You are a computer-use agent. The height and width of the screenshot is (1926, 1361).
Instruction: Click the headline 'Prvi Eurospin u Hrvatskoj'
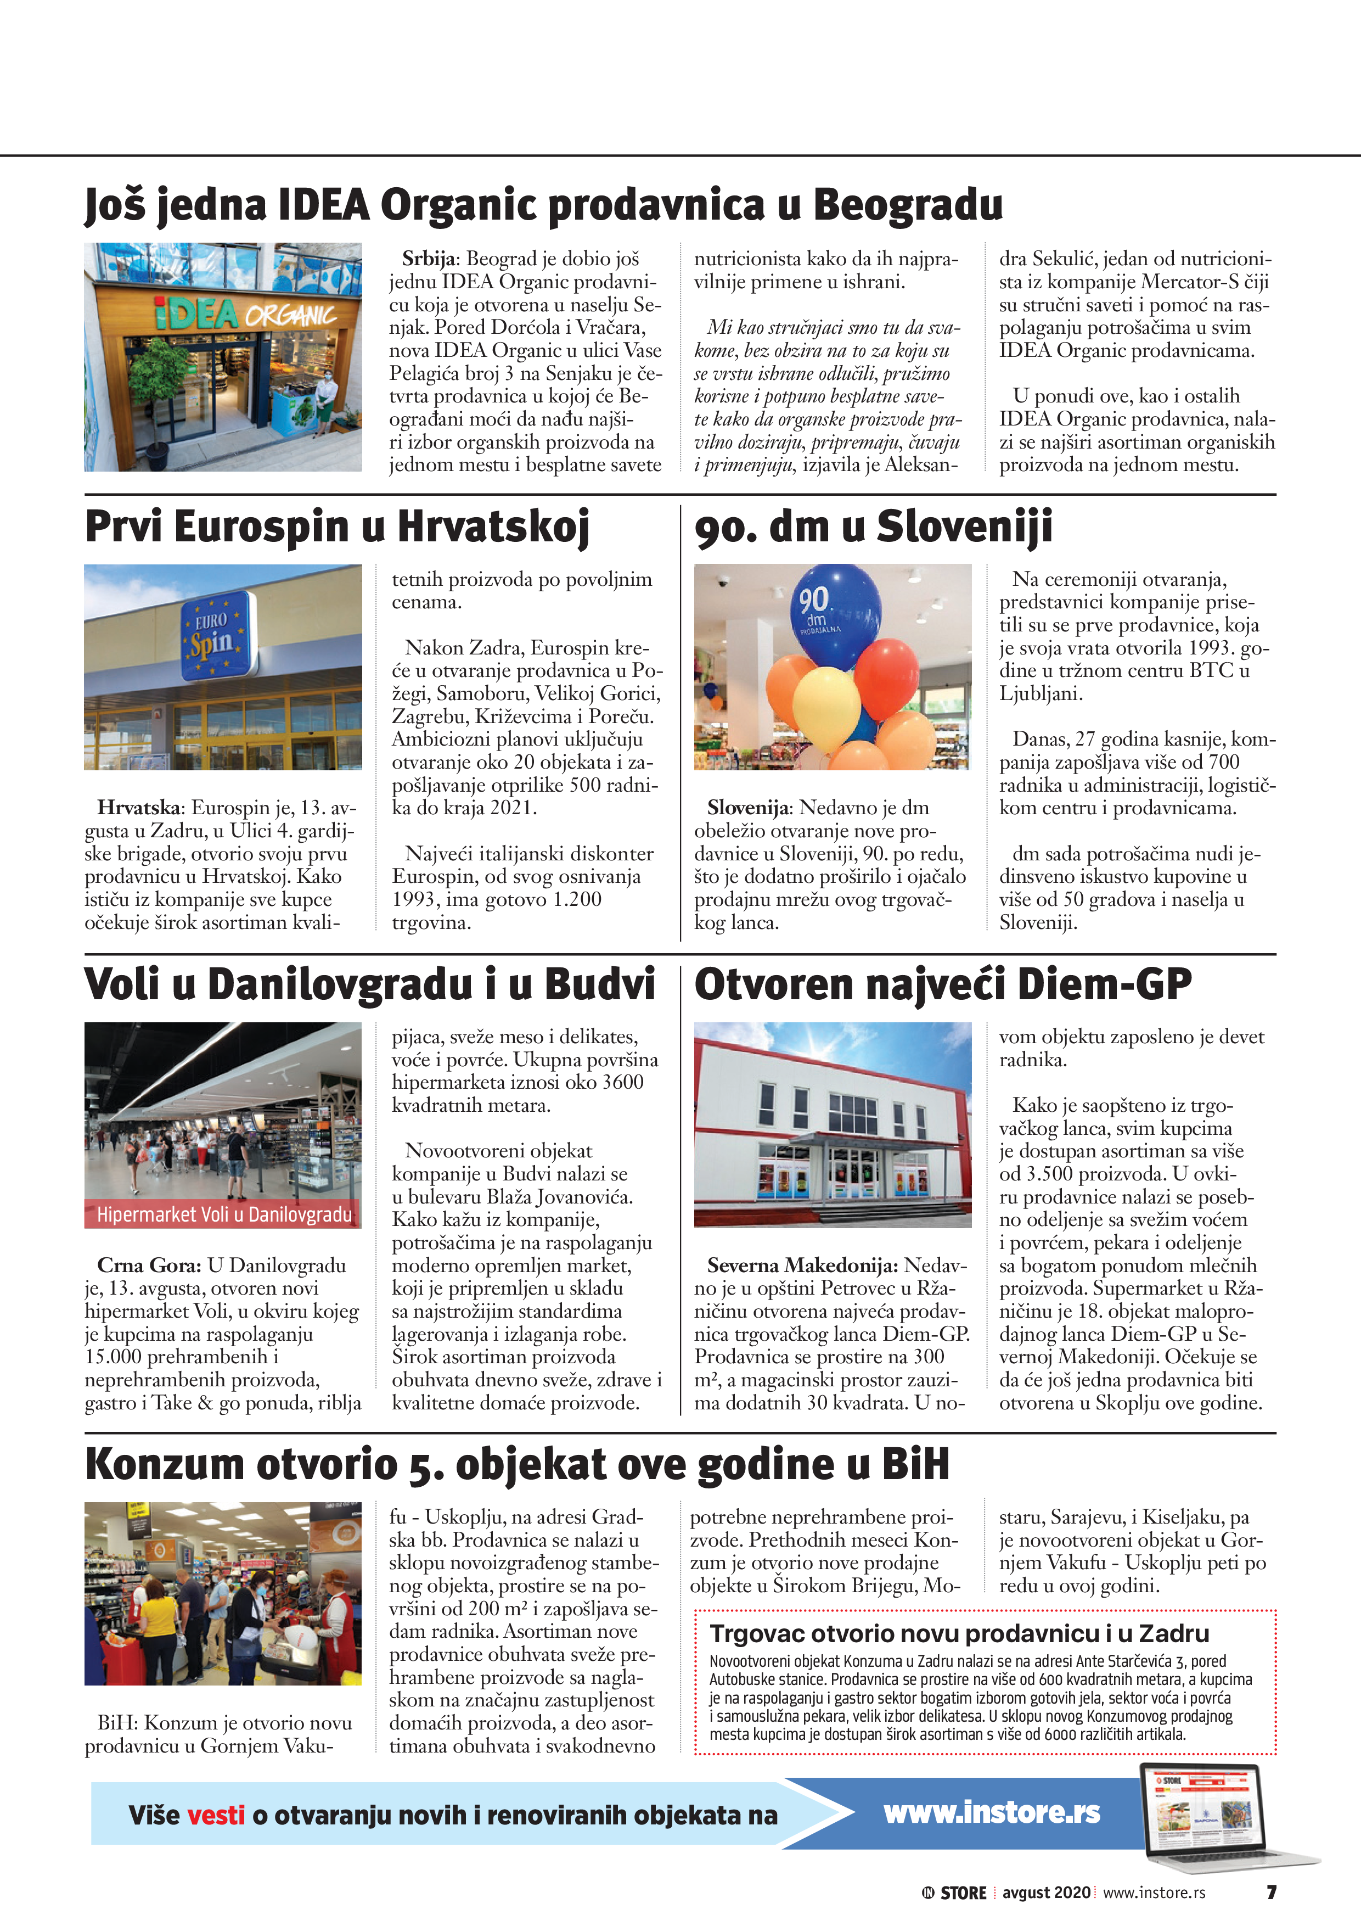tap(337, 527)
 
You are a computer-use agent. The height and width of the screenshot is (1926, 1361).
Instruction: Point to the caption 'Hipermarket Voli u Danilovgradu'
tap(223, 1214)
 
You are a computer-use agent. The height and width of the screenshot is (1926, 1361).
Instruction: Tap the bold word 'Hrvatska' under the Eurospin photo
tap(138, 807)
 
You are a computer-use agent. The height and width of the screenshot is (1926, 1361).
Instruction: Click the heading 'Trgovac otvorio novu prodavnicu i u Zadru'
tap(959, 1633)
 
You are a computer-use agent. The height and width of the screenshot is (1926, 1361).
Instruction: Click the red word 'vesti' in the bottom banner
tap(216, 1815)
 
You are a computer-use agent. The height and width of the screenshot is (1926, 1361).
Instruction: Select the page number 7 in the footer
tap(1272, 1893)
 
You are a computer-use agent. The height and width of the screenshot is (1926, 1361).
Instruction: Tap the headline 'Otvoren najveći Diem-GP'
tap(943, 984)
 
